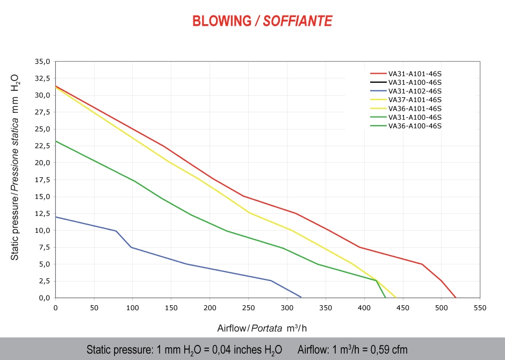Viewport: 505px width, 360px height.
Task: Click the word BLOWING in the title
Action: tap(221, 21)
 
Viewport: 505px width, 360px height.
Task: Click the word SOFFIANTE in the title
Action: tap(298, 21)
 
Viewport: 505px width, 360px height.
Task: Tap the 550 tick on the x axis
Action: tap(480, 308)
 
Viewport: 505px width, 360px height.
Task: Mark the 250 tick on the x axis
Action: tap(248, 308)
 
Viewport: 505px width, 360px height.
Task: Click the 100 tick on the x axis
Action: tap(133, 308)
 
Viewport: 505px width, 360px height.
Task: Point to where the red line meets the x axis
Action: tap(456, 297)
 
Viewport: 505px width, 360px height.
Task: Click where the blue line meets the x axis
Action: tap(301, 297)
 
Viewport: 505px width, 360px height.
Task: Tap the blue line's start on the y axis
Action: tap(56, 217)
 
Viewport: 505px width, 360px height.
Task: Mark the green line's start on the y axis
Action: tap(56, 141)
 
